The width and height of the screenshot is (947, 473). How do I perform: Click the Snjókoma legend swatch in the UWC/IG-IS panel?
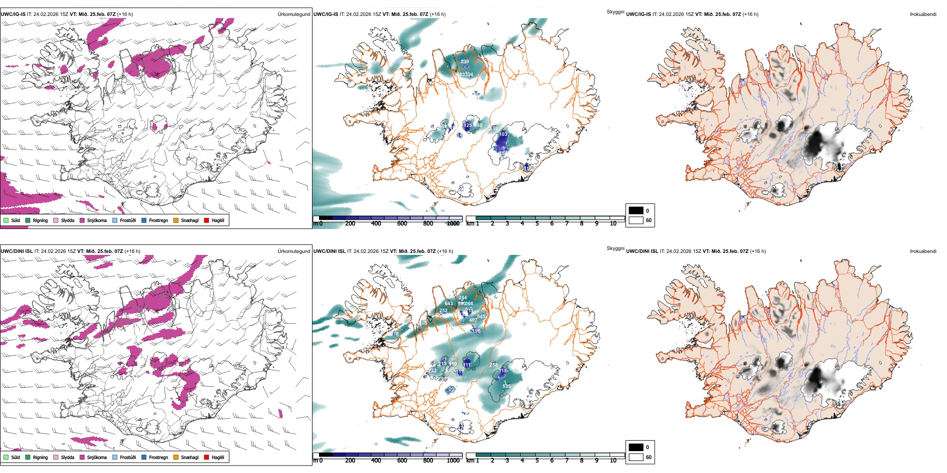click(x=82, y=220)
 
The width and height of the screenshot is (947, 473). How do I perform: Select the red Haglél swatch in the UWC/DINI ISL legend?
click(x=206, y=457)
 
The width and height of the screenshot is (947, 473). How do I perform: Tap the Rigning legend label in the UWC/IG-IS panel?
click(x=40, y=221)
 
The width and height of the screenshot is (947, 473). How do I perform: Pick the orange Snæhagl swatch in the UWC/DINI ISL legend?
click(x=176, y=457)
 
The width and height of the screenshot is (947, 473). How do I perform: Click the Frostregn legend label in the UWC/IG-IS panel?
click(x=158, y=221)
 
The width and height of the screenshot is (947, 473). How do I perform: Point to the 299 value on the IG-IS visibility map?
click(x=465, y=62)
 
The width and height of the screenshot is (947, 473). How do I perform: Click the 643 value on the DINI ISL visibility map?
click(x=449, y=304)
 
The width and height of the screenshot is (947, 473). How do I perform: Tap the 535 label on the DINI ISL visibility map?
click(x=506, y=386)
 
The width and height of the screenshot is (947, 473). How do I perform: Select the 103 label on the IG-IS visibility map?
click(x=503, y=134)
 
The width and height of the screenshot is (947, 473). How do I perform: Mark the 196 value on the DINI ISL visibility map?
click(x=476, y=331)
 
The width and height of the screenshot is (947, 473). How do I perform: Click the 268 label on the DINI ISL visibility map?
click(x=493, y=365)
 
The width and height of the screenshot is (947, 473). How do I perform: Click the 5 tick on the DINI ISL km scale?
click(x=537, y=461)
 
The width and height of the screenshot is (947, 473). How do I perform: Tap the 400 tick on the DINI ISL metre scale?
click(x=376, y=461)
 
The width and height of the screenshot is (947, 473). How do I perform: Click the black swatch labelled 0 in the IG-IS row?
click(x=636, y=211)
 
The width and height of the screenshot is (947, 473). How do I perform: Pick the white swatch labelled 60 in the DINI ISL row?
click(x=636, y=457)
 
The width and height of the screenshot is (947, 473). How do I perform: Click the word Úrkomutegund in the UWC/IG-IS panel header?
click(x=294, y=14)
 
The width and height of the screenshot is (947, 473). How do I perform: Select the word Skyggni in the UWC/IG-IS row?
click(x=615, y=12)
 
